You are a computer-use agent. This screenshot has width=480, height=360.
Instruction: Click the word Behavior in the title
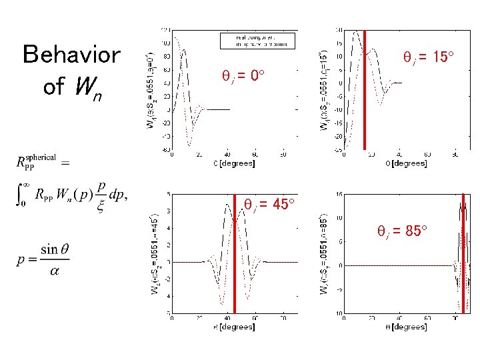point(71,55)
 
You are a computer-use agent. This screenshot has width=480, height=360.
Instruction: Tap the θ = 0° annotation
point(244,76)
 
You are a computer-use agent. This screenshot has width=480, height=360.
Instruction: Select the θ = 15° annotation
point(429,58)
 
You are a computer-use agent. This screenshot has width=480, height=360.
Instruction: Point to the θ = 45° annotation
point(269,203)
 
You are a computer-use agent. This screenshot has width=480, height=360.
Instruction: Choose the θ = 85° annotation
point(402,231)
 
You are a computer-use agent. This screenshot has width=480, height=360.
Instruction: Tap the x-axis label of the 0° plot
point(229,163)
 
